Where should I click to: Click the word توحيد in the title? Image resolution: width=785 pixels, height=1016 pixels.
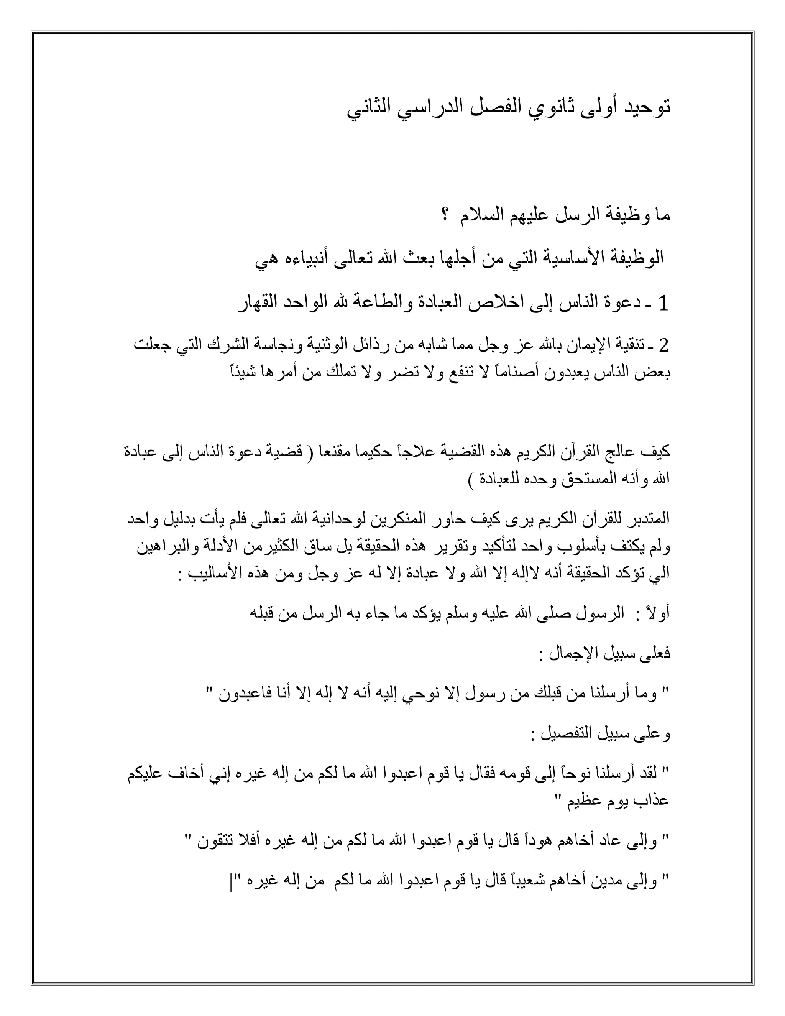click(645, 109)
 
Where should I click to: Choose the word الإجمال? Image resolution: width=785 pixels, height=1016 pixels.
click(565, 654)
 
